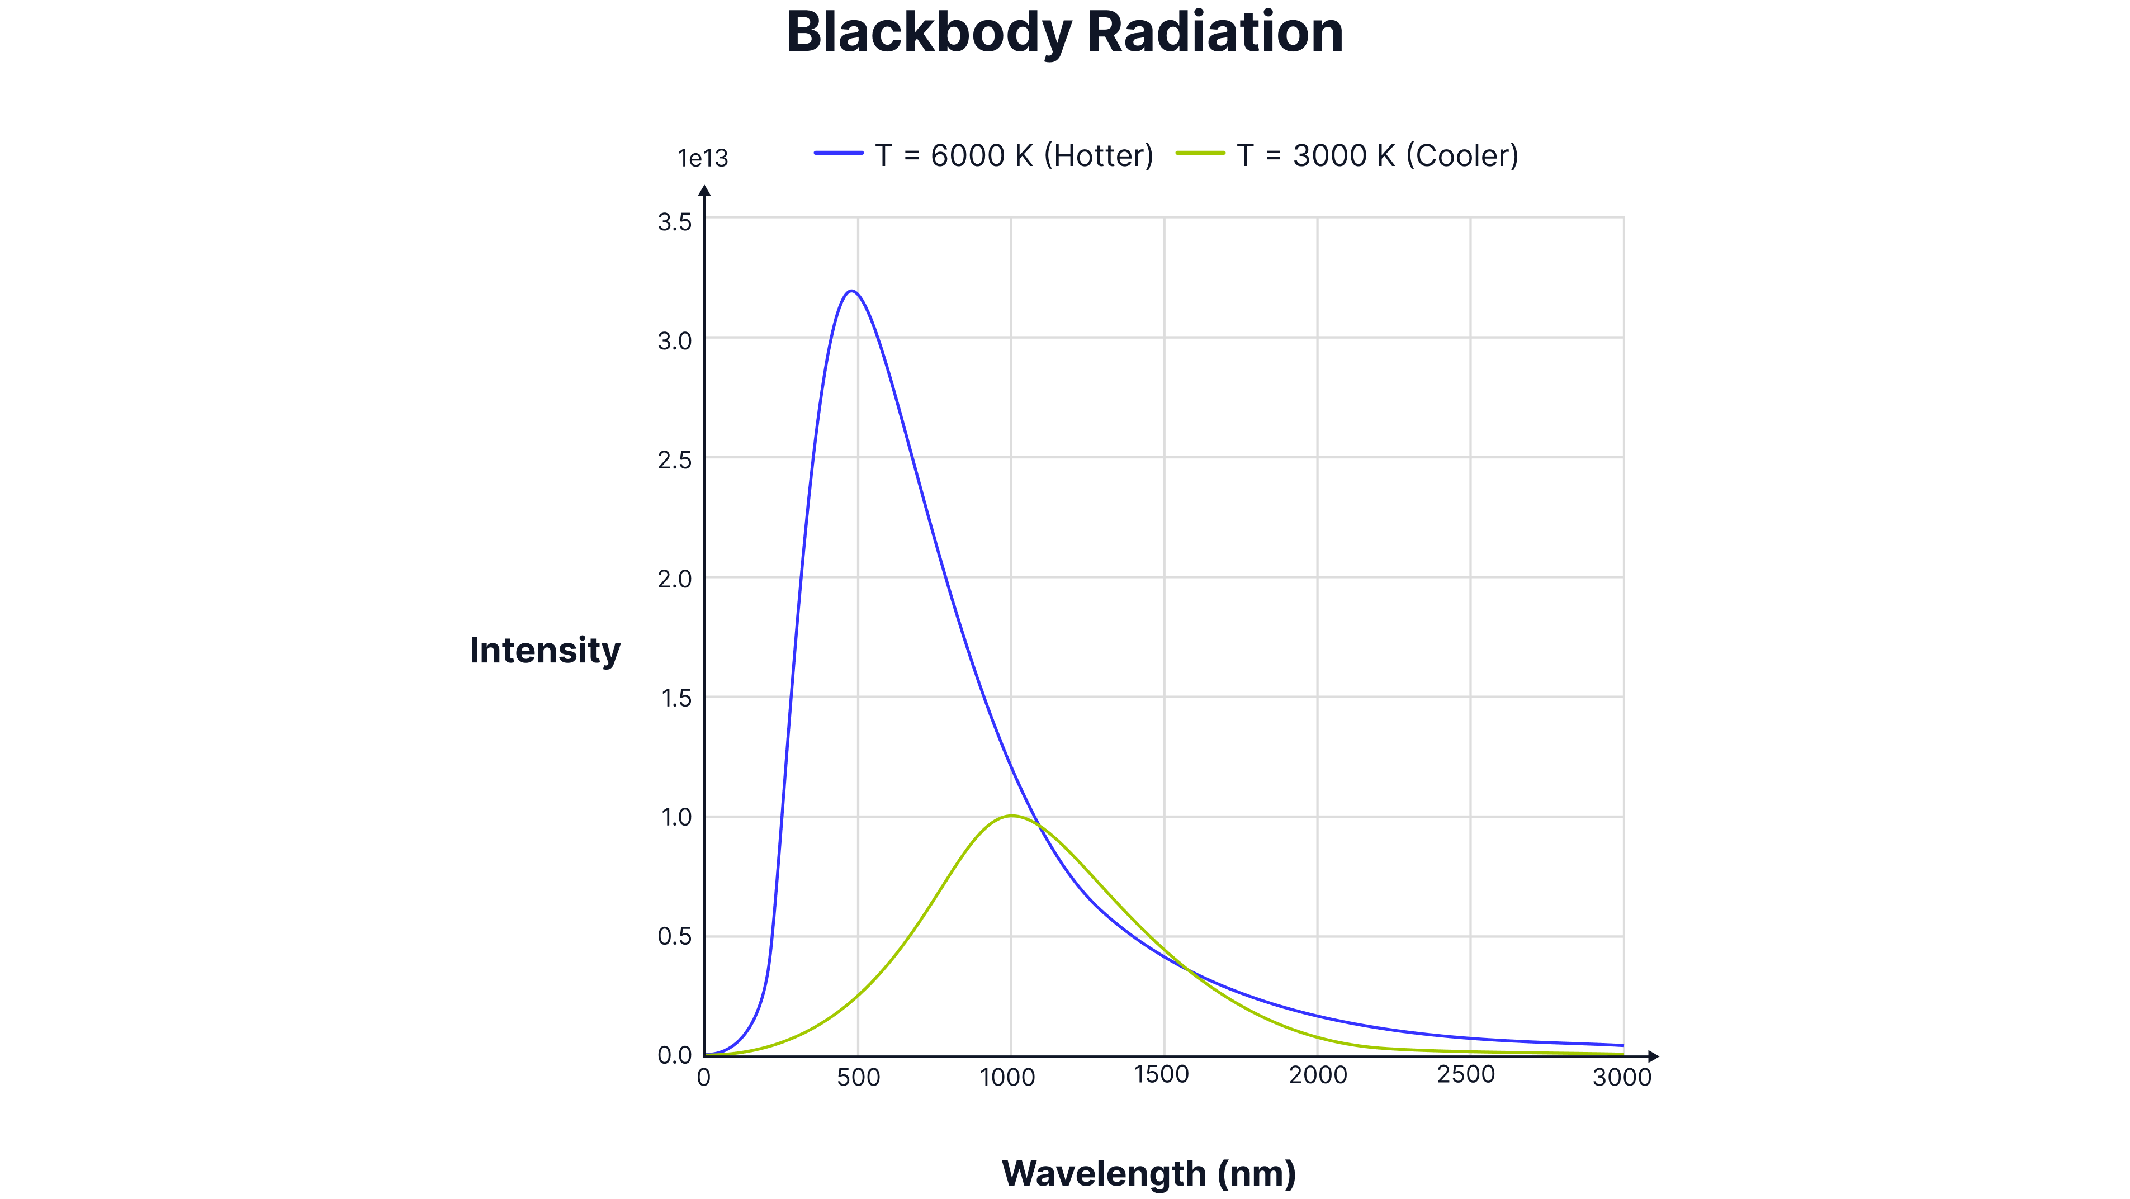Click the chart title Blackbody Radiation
pyautogui.click(x=1064, y=33)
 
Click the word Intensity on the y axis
pyautogui.click(x=545, y=651)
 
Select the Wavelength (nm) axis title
pyautogui.click(x=1148, y=1173)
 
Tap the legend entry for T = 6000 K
pyautogui.click(x=1014, y=155)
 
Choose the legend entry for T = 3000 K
pyautogui.click(x=1377, y=155)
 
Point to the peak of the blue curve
pyautogui.click(x=851, y=291)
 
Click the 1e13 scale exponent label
pyautogui.click(x=703, y=158)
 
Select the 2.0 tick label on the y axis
pyautogui.click(x=675, y=579)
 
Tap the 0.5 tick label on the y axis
pyautogui.click(x=675, y=937)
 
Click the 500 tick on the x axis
pyautogui.click(x=858, y=1078)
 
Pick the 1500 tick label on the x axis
pyautogui.click(x=1162, y=1075)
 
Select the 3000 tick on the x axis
pyautogui.click(x=1621, y=1078)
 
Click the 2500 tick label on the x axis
pyautogui.click(x=1466, y=1075)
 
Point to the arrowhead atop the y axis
pyautogui.click(x=706, y=192)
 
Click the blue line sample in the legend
pyautogui.click(x=839, y=153)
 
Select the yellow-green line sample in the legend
pyautogui.click(x=1201, y=153)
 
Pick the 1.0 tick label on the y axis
pyautogui.click(x=675, y=818)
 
